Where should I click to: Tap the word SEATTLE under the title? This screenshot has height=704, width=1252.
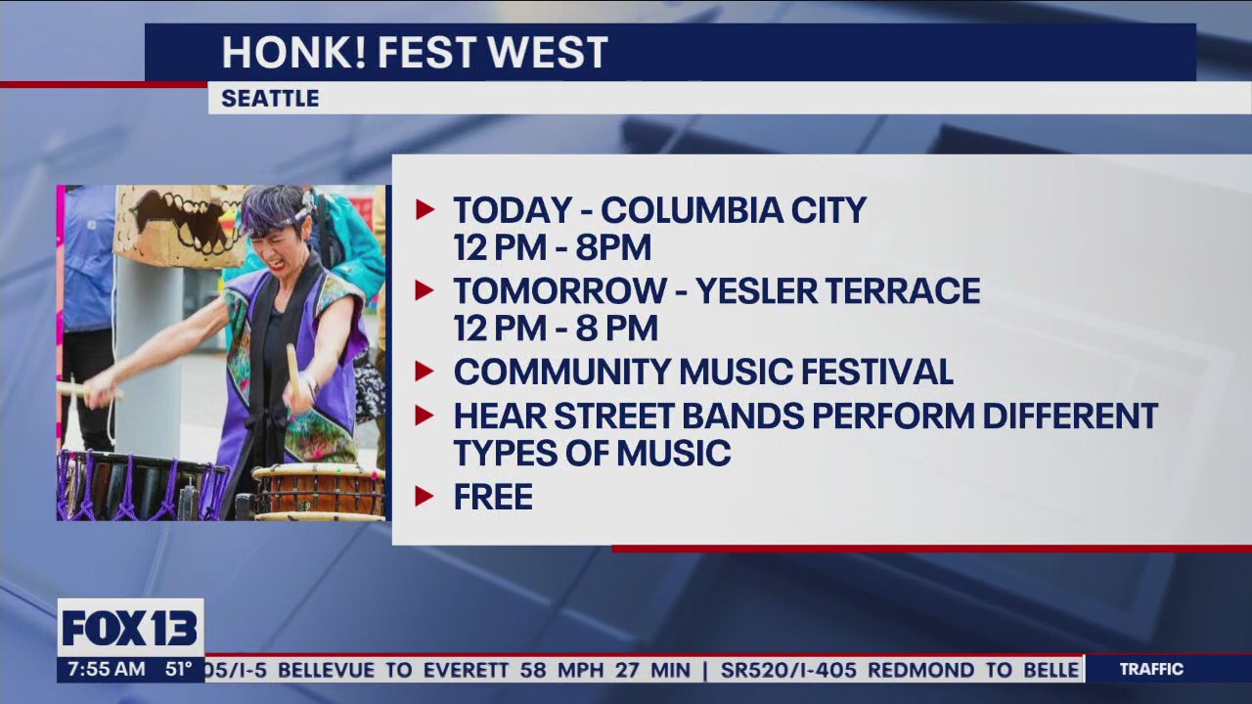(x=270, y=99)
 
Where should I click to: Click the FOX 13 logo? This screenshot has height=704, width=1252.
(x=130, y=628)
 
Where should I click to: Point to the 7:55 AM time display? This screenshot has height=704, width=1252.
(x=102, y=670)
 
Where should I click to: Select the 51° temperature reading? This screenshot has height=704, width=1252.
(x=178, y=670)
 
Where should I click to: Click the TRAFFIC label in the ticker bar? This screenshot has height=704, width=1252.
(x=1151, y=670)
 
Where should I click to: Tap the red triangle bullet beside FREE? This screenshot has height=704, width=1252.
(x=424, y=496)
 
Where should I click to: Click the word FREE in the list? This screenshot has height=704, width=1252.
(x=493, y=497)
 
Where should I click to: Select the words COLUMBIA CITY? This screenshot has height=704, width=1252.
(x=733, y=210)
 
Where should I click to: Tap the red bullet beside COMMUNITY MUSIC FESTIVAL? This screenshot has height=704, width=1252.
(x=424, y=371)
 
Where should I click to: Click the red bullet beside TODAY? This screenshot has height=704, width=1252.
(x=424, y=209)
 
